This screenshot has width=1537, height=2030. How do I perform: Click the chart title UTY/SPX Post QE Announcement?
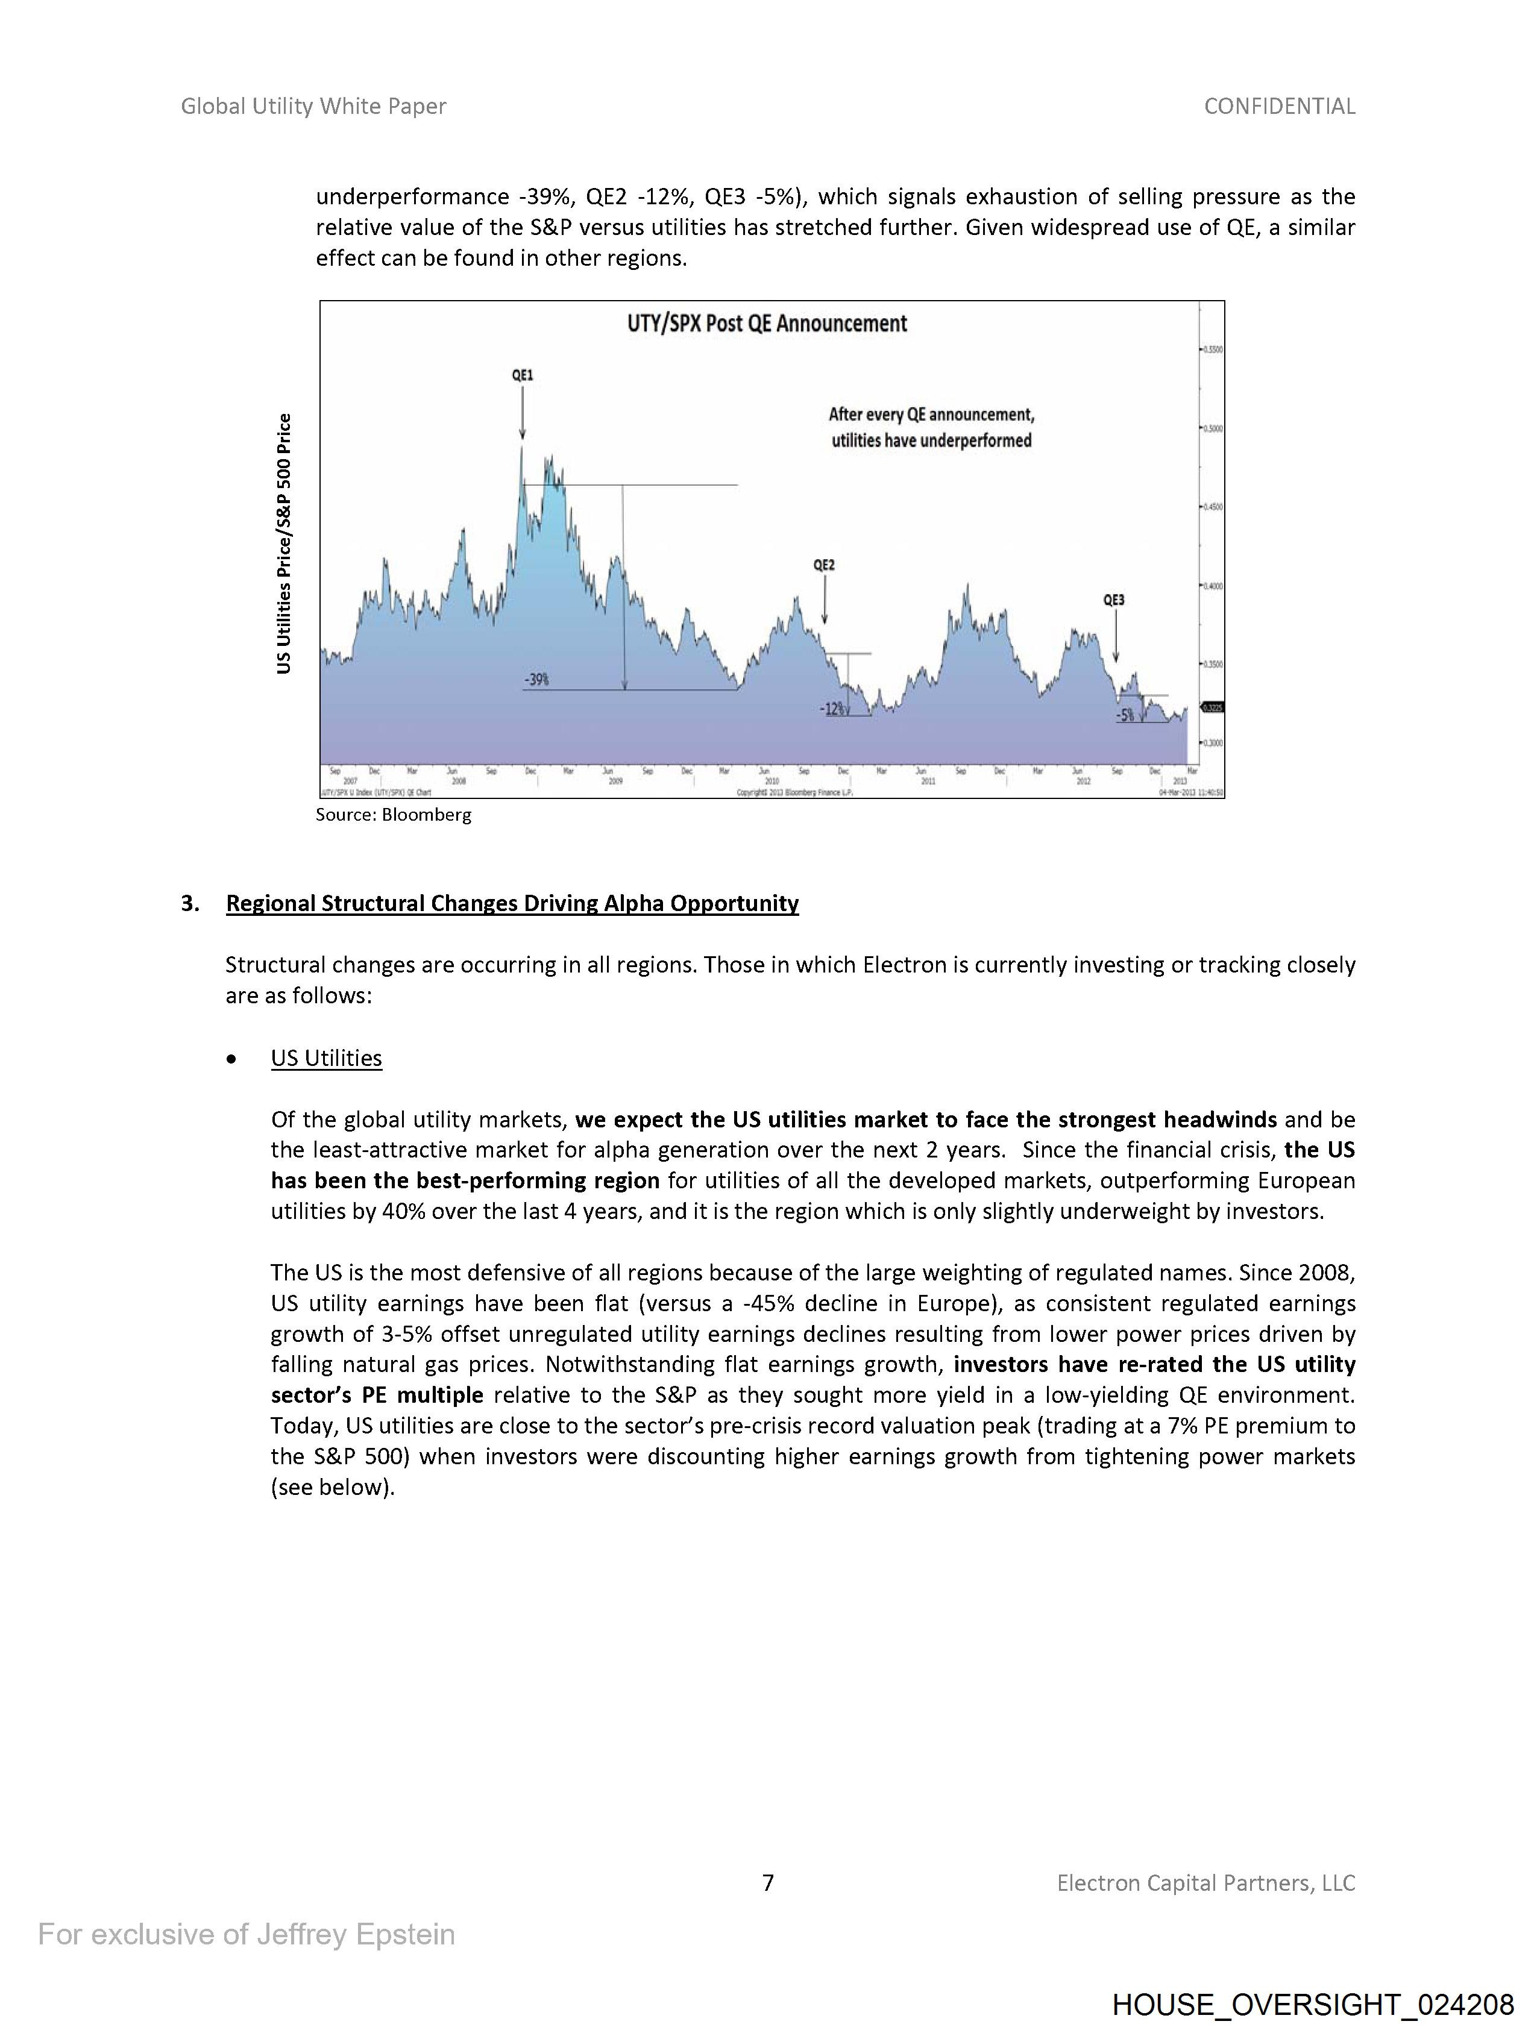767,324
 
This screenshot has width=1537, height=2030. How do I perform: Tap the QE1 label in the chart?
523,375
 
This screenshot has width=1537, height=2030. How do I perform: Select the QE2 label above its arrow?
825,565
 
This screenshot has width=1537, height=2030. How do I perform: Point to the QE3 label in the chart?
1114,600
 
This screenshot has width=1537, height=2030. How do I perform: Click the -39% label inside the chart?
537,680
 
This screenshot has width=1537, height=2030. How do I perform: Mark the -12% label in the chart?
832,709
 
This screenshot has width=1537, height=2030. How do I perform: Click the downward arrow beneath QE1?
523,415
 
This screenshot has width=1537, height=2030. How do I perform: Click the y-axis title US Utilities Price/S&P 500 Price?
284,544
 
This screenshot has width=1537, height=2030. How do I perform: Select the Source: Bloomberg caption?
393,815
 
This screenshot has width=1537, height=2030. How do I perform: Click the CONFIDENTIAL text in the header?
1279,107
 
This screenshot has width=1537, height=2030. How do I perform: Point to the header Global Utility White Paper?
313,107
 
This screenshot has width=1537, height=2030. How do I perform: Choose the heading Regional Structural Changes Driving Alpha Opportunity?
512,903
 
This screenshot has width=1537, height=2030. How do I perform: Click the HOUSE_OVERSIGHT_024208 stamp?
1312,2004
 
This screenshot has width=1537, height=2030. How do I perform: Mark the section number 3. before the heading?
190,903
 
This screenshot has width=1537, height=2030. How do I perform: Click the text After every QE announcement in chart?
931,415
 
